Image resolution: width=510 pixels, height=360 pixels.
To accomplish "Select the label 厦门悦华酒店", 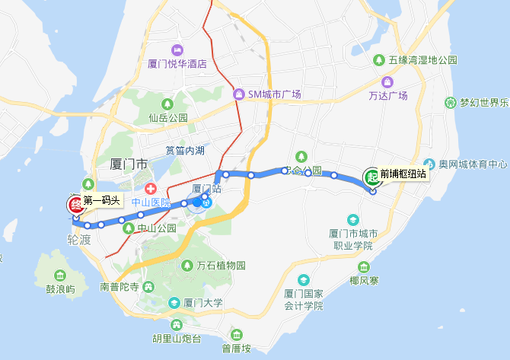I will pyautogui.click(x=177, y=64).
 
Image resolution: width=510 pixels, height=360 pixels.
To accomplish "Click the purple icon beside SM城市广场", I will pyautogui.click(x=239, y=94).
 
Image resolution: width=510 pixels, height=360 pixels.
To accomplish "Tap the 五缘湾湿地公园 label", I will pyautogui.click(x=422, y=59).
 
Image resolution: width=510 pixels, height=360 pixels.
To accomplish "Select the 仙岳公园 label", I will pyautogui.click(x=168, y=118).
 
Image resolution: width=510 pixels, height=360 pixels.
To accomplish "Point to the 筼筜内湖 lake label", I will pyautogui.click(x=185, y=150).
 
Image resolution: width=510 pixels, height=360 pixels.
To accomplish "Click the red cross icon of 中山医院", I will pyautogui.click(x=151, y=188).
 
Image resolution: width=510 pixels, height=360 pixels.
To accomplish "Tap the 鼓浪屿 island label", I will pyautogui.click(x=61, y=289).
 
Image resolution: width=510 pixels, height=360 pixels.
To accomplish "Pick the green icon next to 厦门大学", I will pyautogui.click(x=175, y=303).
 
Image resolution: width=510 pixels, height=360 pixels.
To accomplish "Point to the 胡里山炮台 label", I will pyautogui.click(x=176, y=339).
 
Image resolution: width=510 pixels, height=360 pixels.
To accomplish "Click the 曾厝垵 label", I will pyautogui.click(x=237, y=349).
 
